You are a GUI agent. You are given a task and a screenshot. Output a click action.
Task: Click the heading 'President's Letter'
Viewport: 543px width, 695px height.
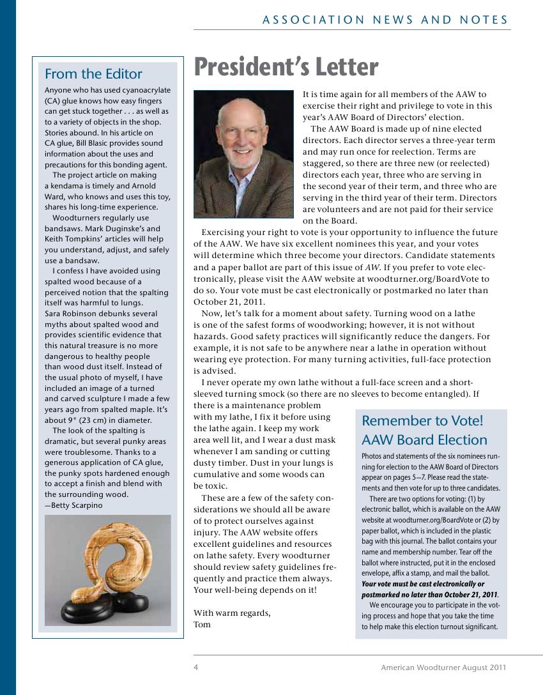286,67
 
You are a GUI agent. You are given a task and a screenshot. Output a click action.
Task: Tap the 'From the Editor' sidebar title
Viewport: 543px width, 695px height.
93,74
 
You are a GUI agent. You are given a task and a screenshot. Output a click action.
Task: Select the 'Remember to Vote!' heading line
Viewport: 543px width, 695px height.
422,421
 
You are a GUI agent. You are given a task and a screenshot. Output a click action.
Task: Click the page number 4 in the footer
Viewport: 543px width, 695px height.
195,668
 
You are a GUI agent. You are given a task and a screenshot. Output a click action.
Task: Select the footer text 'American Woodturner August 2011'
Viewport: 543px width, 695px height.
443,668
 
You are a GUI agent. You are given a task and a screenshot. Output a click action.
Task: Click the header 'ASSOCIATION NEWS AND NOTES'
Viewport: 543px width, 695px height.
385,20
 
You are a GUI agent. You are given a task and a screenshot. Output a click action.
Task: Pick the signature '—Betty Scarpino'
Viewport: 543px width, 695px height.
73,505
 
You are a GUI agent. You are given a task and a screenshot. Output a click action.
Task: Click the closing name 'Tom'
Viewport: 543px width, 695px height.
202,624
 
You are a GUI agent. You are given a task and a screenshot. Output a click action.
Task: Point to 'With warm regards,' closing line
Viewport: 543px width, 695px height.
232,613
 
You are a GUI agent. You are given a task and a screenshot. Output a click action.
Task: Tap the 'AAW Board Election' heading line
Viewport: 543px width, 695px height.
424,440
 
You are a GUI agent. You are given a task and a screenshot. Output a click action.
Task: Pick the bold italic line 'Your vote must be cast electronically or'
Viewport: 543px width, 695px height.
423,584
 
